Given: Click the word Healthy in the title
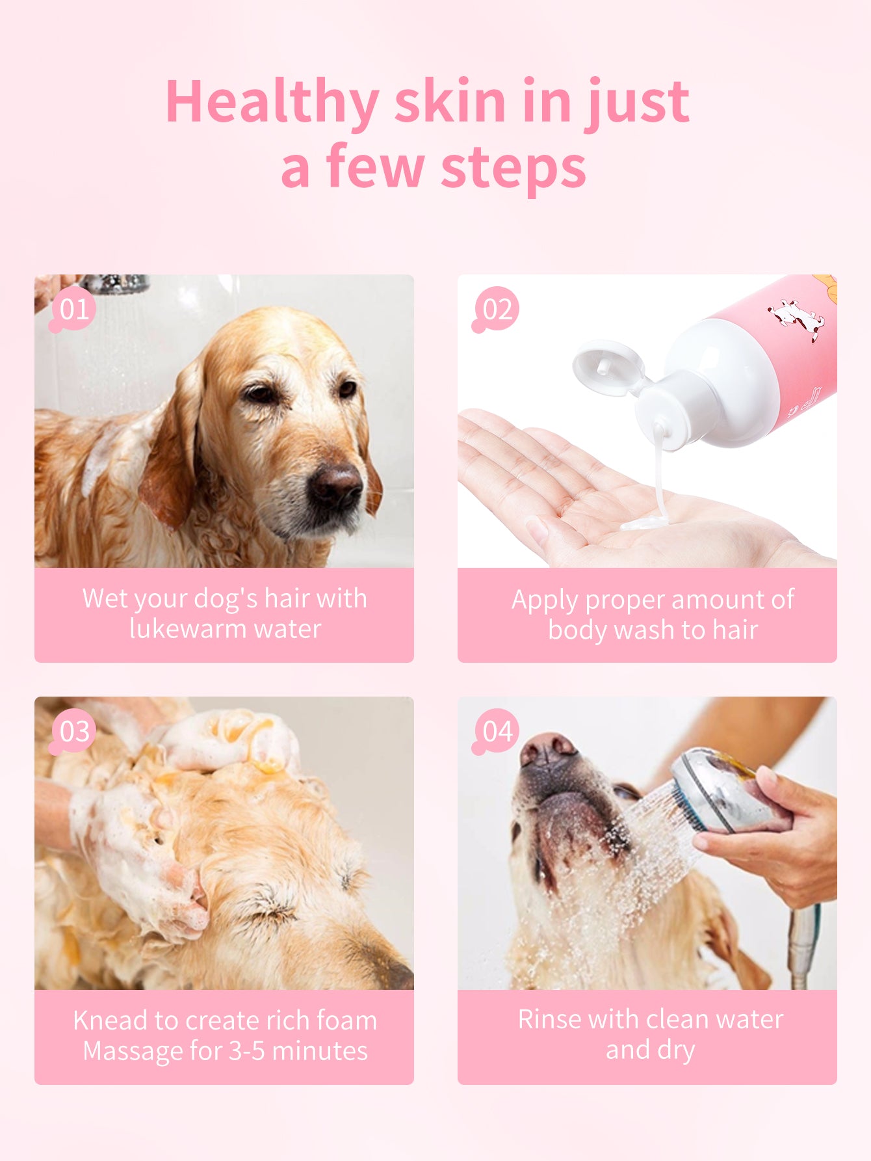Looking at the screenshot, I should (x=272, y=101).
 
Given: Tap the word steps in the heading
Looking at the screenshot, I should (x=513, y=168).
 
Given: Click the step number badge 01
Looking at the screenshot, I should (x=73, y=309).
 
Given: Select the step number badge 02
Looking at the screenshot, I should (x=497, y=310).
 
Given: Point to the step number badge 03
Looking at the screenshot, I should (x=73, y=731).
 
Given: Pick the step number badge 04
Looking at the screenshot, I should (x=497, y=731).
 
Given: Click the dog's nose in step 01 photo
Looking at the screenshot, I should (x=335, y=485).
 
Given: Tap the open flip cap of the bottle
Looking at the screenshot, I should (x=608, y=366).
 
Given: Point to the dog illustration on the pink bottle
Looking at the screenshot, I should (x=797, y=319).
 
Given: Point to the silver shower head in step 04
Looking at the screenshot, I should (x=715, y=790).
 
